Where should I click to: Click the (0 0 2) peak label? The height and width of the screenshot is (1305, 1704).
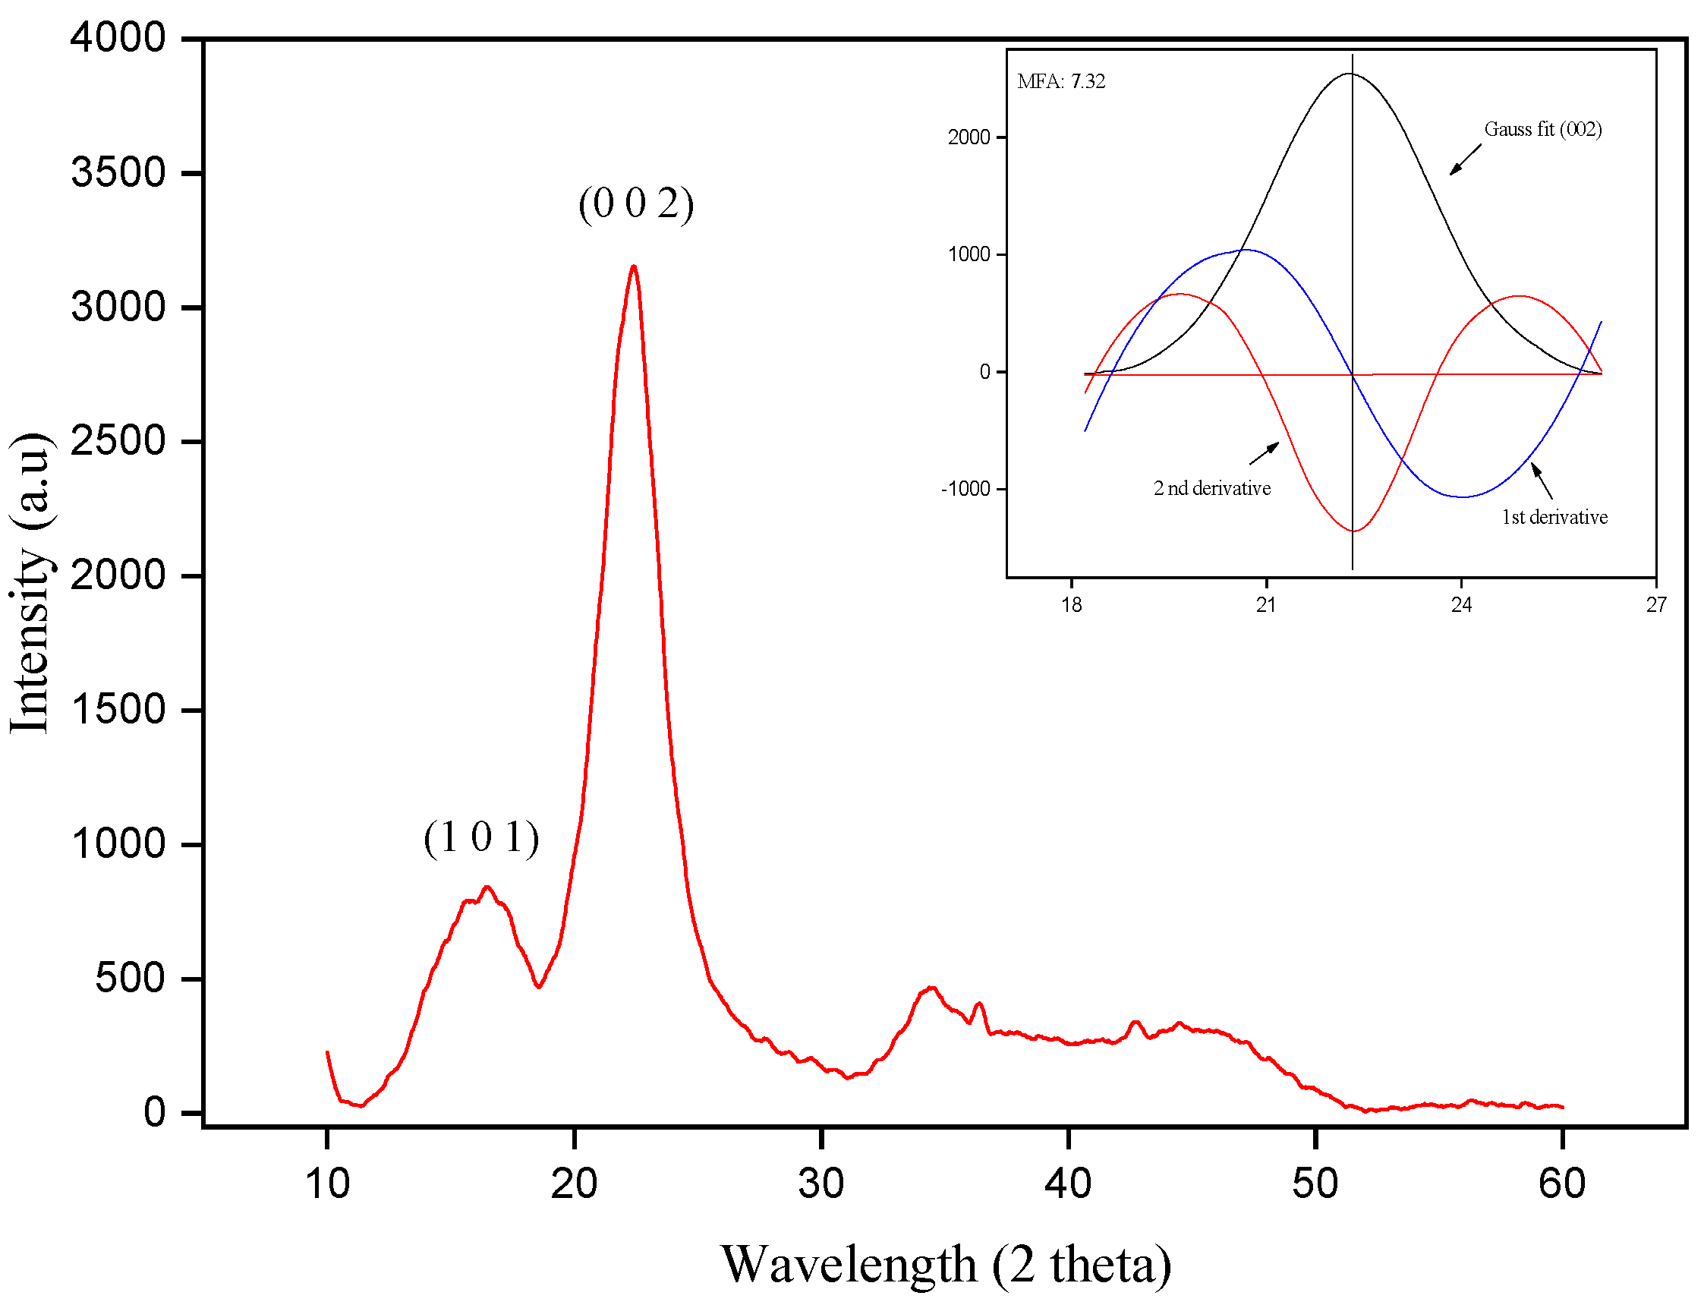coord(636,204)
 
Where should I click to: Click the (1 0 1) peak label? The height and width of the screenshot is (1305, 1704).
coord(480,838)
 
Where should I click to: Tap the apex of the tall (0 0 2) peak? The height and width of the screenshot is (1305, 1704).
coord(635,266)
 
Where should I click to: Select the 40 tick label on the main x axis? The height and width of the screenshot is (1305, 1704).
coord(1069,1184)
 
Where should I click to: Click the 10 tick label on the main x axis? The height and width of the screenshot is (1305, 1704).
coord(327,1184)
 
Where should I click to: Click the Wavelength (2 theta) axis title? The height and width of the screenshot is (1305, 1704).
coord(946,1265)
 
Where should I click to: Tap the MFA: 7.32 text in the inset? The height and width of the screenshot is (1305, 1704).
coord(1061,81)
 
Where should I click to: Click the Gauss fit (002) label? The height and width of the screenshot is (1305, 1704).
coord(1542,129)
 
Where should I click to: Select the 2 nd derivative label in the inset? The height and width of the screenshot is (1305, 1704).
coord(1211,489)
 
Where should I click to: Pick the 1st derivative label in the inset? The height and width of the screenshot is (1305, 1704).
coord(1554,517)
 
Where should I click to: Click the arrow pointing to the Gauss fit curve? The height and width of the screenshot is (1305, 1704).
coord(1465,159)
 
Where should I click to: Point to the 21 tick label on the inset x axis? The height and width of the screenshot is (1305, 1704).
coord(1266,605)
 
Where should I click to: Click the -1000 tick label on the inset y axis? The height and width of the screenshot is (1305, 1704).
coord(965,489)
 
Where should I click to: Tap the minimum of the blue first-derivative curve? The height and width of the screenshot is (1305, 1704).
coord(1463,497)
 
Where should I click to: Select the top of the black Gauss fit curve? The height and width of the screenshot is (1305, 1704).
coord(1350,74)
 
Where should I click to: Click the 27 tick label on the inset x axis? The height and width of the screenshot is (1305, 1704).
coord(1656,605)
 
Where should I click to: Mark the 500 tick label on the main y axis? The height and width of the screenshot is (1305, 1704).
coord(130,978)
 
